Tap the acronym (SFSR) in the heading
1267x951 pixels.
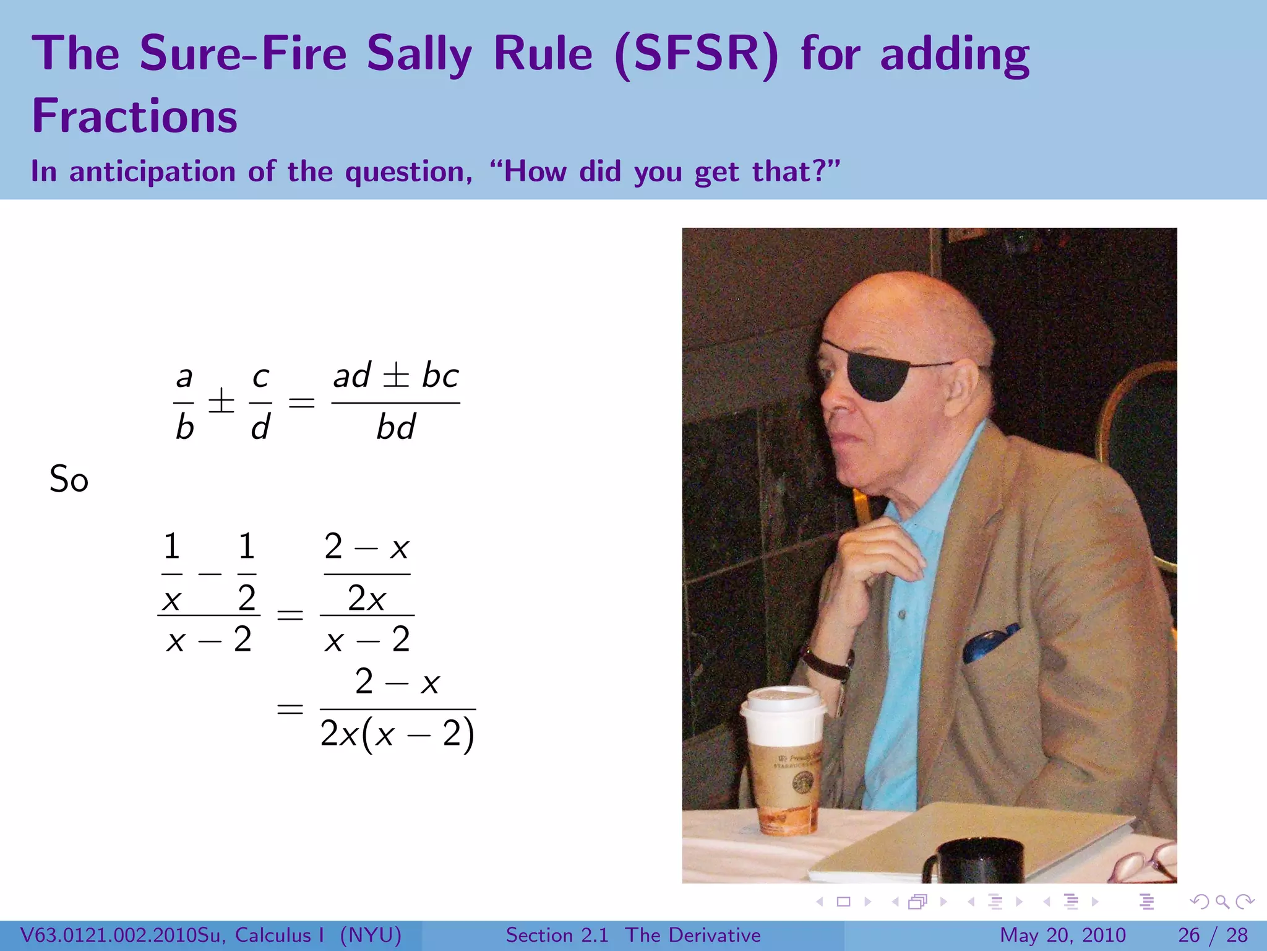[x=697, y=54]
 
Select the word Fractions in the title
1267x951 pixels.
[x=134, y=116]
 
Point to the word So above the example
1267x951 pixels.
[x=69, y=480]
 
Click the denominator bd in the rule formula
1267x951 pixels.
[x=395, y=427]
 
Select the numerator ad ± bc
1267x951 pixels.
[x=396, y=375]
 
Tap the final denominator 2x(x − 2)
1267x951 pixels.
[x=397, y=735]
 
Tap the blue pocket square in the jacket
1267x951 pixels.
[x=989, y=644]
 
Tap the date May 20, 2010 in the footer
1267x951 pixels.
[x=1062, y=935]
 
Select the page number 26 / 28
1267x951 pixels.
[x=1213, y=935]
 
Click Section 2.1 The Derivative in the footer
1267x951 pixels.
[x=633, y=935]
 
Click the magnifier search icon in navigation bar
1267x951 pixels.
[x=1222, y=901]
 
